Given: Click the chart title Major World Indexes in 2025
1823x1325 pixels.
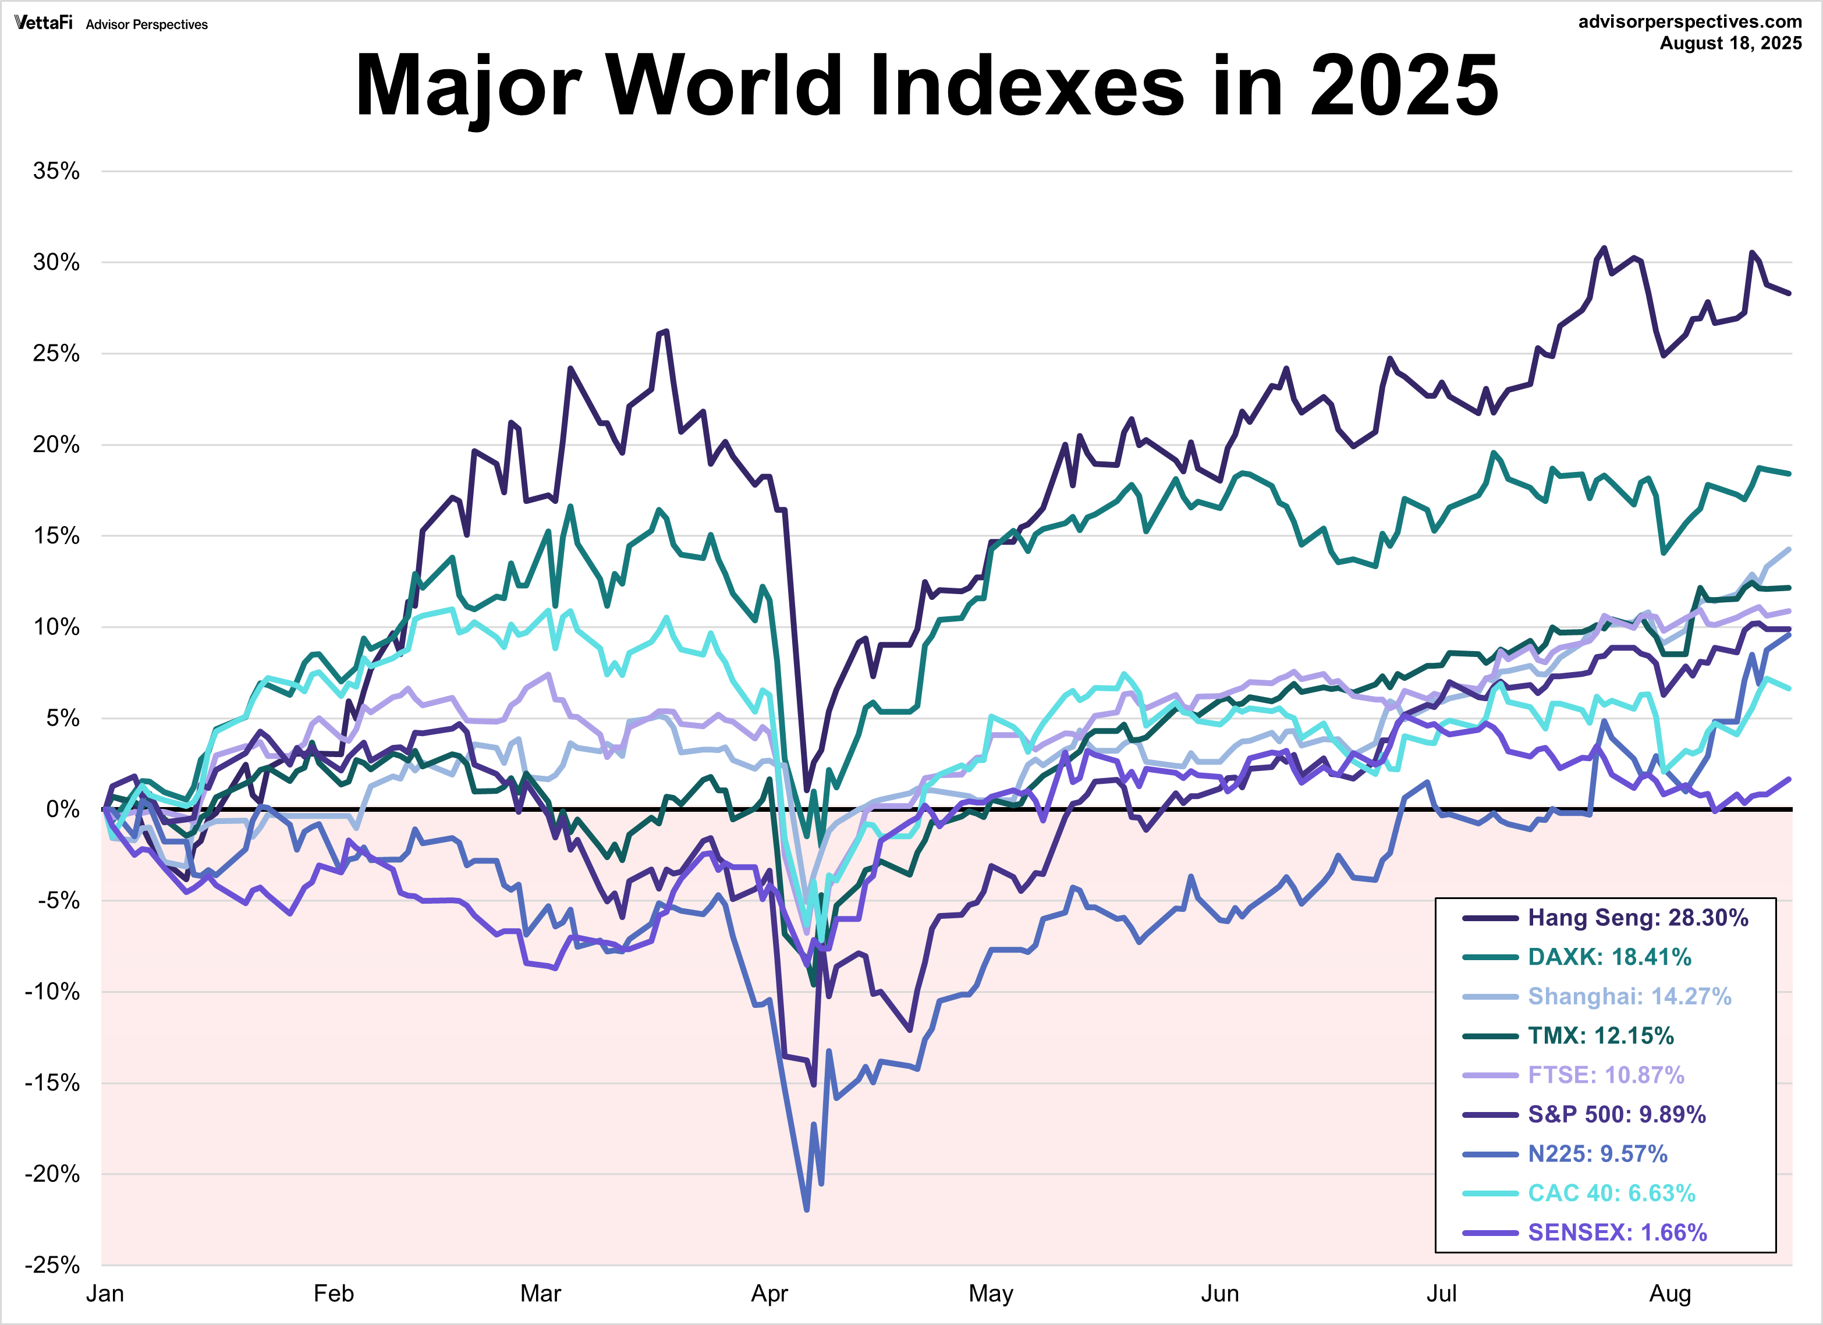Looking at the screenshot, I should tap(926, 85).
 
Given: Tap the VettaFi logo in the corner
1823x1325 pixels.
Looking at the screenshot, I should tap(44, 23).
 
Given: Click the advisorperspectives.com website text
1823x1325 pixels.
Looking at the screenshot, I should tap(1690, 22).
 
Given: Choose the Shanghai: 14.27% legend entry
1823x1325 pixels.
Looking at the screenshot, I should tap(1629, 996).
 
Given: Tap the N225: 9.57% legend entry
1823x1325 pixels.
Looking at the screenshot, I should tap(1597, 1154).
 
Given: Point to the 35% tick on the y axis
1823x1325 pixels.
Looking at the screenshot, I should tap(56, 170).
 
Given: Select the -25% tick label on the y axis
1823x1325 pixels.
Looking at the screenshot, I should tap(52, 1266).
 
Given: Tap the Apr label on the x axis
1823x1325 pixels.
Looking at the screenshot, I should tap(769, 1294).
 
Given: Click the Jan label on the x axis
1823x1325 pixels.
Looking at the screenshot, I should tap(105, 1294).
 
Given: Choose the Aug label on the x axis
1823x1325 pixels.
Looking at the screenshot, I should tap(1669, 1294).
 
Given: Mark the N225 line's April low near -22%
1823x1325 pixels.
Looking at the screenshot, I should tap(806, 1209).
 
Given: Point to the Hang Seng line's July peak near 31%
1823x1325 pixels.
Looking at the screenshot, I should tap(1604, 248).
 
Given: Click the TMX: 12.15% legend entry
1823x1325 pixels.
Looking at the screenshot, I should tap(1600, 1036).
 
